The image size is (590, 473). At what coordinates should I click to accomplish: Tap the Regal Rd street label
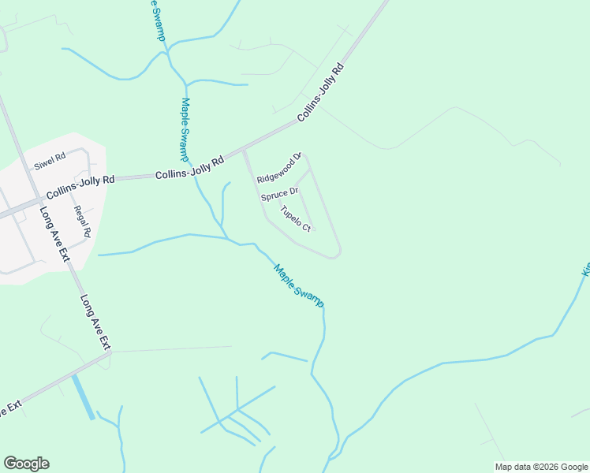coord(82,222)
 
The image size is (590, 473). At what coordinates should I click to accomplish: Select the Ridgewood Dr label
coord(280,168)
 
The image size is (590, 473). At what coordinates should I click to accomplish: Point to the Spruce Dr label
coord(280,193)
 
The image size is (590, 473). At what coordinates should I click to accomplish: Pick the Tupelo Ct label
coord(297,218)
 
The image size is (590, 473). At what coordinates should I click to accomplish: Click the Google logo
coord(26,464)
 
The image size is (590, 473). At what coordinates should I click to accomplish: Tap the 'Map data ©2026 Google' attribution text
coord(540,467)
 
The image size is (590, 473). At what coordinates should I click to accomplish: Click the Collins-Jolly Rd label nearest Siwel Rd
coord(80,186)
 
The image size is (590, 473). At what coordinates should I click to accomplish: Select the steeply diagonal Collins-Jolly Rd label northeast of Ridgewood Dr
coord(322,93)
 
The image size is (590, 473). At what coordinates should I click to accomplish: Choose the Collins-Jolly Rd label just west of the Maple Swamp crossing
coord(189,167)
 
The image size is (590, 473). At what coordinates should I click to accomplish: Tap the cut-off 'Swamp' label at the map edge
coord(157,20)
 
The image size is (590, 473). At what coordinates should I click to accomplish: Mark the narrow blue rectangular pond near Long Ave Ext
coord(83,397)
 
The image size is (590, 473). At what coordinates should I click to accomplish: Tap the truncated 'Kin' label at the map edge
coord(585,269)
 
